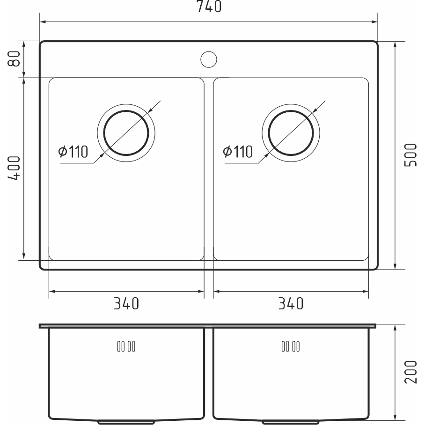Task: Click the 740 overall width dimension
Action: coord(209,7)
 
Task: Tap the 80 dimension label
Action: coord(14,59)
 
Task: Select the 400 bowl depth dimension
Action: coord(14,168)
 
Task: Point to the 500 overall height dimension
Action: coord(410,155)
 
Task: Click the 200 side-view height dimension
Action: coord(410,372)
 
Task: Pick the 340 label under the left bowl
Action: coord(126,304)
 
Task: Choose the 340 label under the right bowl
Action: coord(291,304)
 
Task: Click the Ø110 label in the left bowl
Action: coord(73,152)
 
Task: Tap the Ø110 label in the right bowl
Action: coord(238,152)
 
